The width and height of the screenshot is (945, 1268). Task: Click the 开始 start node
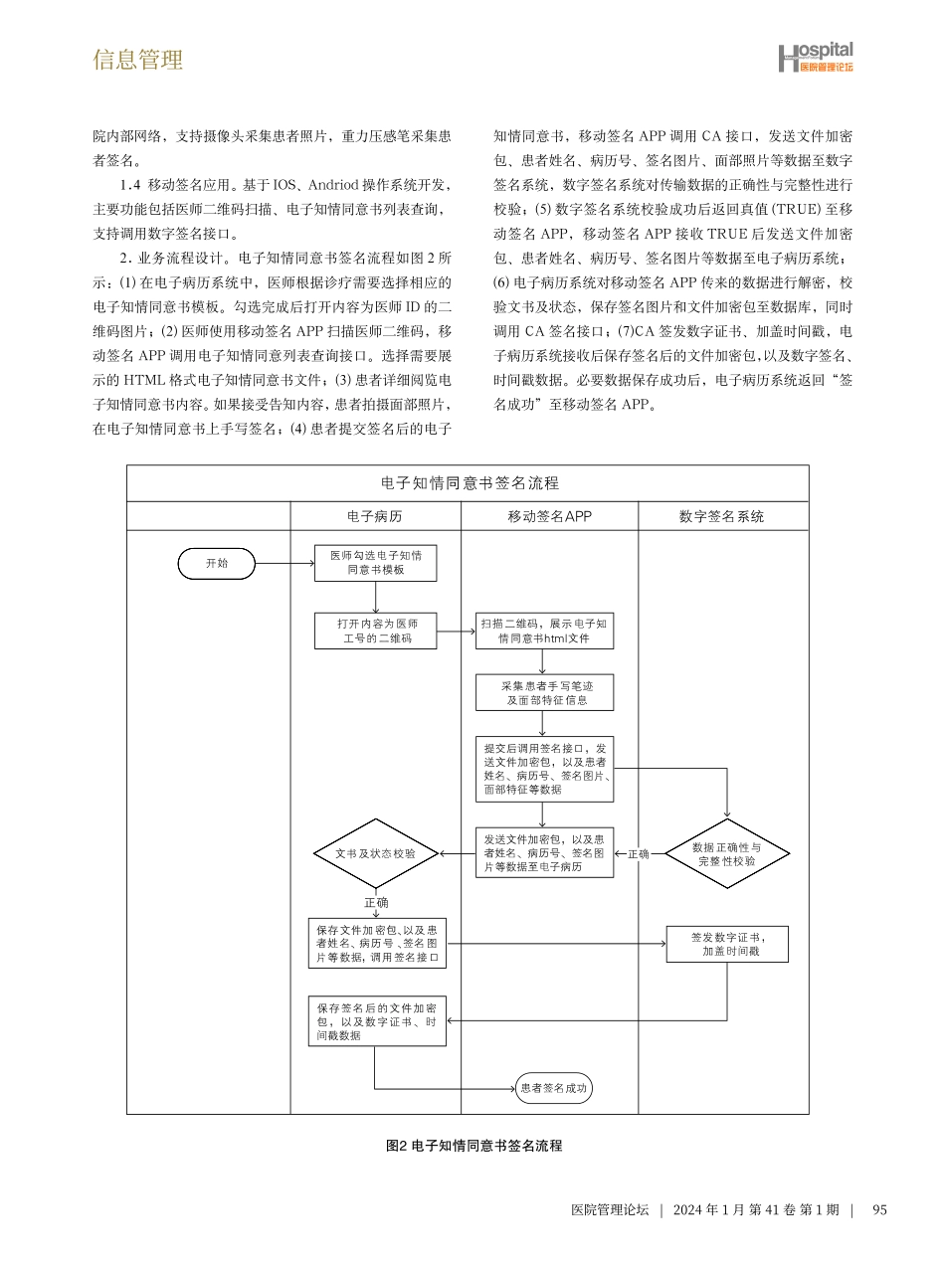[216, 563]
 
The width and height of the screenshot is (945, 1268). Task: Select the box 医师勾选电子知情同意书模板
[375, 563]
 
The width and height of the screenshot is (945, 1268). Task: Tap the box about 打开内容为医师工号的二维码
[375, 631]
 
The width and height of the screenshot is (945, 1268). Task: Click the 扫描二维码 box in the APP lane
[543, 631]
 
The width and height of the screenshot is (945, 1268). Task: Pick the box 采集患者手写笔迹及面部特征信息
[543, 692]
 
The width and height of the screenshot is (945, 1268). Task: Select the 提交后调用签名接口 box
[543, 768]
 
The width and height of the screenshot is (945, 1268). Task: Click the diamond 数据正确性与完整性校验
[726, 854]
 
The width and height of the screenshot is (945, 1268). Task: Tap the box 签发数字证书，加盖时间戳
[726, 944]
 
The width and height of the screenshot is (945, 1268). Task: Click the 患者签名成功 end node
[554, 1088]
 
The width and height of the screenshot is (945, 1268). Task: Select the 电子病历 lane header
[375, 516]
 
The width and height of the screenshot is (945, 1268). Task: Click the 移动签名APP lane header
[549, 516]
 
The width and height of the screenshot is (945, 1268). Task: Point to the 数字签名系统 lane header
[722, 516]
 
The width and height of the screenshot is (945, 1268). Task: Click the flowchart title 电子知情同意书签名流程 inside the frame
[470, 483]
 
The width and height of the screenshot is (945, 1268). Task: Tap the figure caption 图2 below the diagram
[473, 1146]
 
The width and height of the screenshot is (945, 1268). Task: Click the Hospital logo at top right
[815, 58]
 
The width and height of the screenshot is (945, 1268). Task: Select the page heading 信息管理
[138, 60]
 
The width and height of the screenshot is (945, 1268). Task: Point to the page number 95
[878, 1210]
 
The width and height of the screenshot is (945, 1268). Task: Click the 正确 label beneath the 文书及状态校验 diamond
[376, 902]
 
